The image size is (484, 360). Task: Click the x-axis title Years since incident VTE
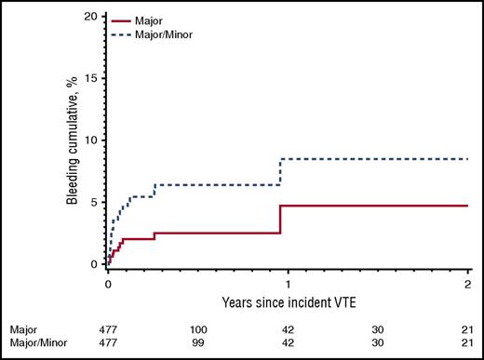click(287, 302)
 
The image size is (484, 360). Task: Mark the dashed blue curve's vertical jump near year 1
click(280, 172)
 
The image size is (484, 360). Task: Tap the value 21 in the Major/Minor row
click(465, 342)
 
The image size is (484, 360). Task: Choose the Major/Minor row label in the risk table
click(35, 342)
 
